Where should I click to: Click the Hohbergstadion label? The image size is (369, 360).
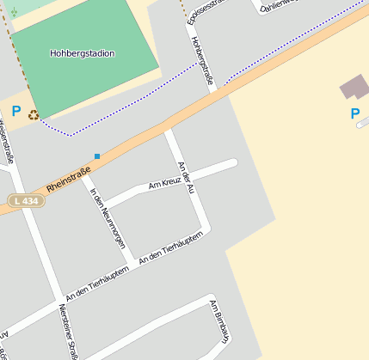click(83, 53)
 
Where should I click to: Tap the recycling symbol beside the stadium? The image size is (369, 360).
click(34, 114)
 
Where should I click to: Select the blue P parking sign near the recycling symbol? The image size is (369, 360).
click(15, 111)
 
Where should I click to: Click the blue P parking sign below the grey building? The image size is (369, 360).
click(354, 113)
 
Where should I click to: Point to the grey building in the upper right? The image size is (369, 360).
click(354, 87)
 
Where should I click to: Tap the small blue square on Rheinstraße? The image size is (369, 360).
click(97, 156)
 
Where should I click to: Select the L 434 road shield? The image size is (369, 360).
click(25, 200)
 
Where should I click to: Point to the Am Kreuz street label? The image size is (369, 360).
click(165, 183)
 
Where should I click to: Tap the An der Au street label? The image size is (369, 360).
click(183, 176)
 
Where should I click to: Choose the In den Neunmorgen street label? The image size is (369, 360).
click(108, 218)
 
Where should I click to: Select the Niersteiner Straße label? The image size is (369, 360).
click(69, 331)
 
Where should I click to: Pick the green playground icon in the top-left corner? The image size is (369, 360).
click(13, 12)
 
